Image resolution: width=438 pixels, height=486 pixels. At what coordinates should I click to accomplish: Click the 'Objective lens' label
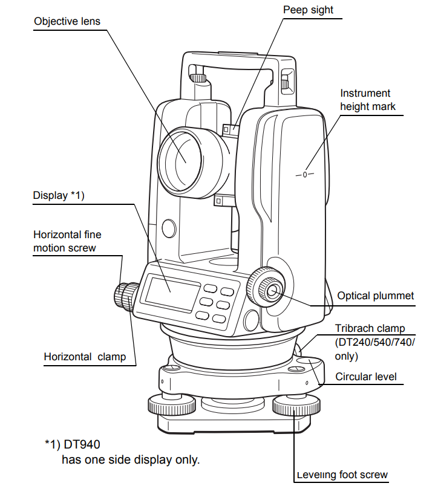click(x=67, y=21)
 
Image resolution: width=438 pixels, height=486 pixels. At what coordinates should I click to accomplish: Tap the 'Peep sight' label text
click(x=308, y=10)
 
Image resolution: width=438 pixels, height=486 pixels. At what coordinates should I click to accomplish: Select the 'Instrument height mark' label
click(x=368, y=100)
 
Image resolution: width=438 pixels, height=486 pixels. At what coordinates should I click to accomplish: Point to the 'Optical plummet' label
click(x=375, y=296)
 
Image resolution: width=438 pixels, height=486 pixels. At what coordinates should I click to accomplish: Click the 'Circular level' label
click(x=366, y=377)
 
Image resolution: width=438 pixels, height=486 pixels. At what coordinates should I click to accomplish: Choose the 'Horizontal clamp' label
click(x=85, y=357)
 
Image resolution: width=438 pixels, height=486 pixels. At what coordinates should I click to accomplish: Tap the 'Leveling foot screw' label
click(x=342, y=475)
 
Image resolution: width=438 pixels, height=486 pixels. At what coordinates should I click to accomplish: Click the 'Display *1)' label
click(x=59, y=195)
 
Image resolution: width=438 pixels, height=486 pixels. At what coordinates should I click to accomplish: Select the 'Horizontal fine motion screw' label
click(x=67, y=241)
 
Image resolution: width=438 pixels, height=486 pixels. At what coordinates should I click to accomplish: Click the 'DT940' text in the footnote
click(x=82, y=444)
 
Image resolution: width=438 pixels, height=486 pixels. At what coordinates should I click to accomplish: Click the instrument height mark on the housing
click(x=305, y=175)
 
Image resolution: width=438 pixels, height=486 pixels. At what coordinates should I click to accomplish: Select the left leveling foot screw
click(x=172, y=404)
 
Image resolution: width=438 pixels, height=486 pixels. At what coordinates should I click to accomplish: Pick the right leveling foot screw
click(x=296, y=405)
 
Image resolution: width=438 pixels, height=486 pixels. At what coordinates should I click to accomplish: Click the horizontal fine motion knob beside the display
click(x=126, y=297)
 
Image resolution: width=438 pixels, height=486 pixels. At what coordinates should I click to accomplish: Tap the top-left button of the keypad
click(x=210, y=288)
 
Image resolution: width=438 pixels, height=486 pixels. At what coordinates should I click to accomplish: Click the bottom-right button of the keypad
click(x=218, y=319)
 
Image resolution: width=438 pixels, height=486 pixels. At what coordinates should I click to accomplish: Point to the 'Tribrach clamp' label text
click(x=370, y=328)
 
